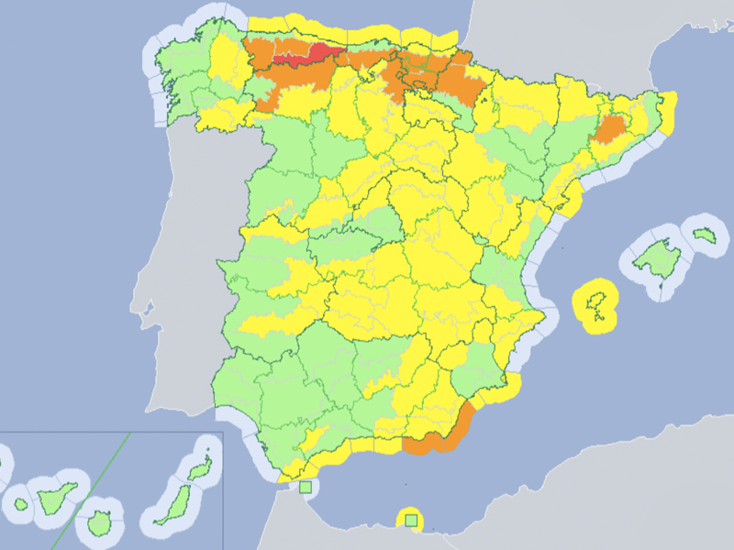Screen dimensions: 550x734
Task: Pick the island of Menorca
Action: pos(704,236)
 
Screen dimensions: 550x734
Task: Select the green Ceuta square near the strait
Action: pos(306,487)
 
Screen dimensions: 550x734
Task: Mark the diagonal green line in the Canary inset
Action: pos(92,487)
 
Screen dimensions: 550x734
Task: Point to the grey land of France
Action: pos(569,37)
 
